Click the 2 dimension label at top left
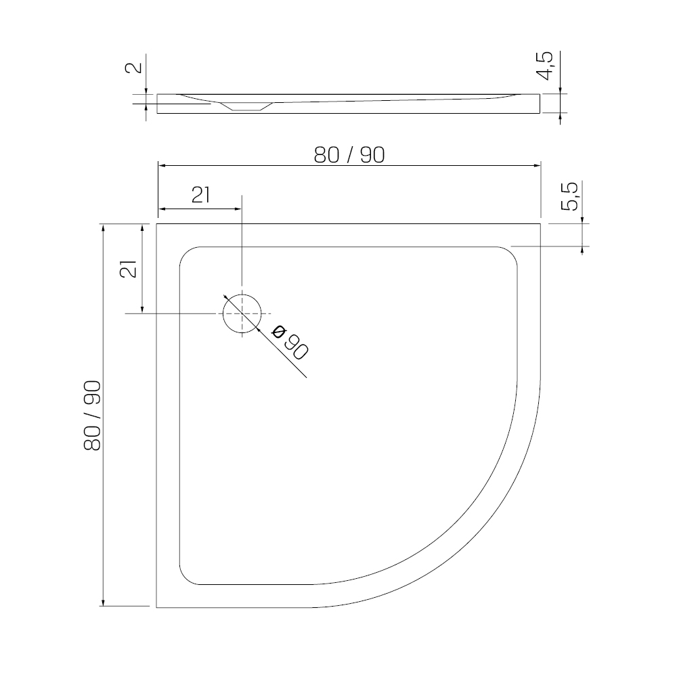[x=133, y=68]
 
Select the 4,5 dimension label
[x=544, y=66]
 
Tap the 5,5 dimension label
[x=569, y=196]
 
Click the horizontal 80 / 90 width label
[x=349, y=155]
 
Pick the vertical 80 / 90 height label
[x=92, y=416]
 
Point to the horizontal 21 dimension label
[x=201, y=195]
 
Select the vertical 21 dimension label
[x=128, y=269]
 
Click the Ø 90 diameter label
[x=290, y=343]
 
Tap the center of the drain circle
[x=242, y=313]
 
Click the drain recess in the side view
[x=247, y=106]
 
